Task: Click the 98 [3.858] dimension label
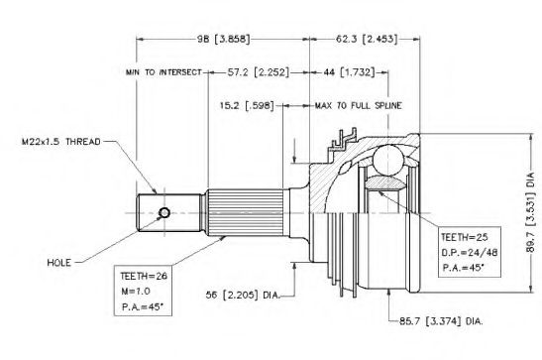[x=223, y=39]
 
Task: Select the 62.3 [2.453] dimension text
[x=367, y=39]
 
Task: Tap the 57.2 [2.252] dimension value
[x=258, y=72]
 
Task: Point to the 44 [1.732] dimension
[x=349, y=72]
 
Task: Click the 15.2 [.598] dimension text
[x=247, y=105]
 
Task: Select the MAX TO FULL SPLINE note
[x=359, y=105]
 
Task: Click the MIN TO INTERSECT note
[x=163, y=72]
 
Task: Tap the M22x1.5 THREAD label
[x=60, y=142]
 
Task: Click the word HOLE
[x=59, y=263]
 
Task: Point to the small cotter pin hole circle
[x=164, y=212]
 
